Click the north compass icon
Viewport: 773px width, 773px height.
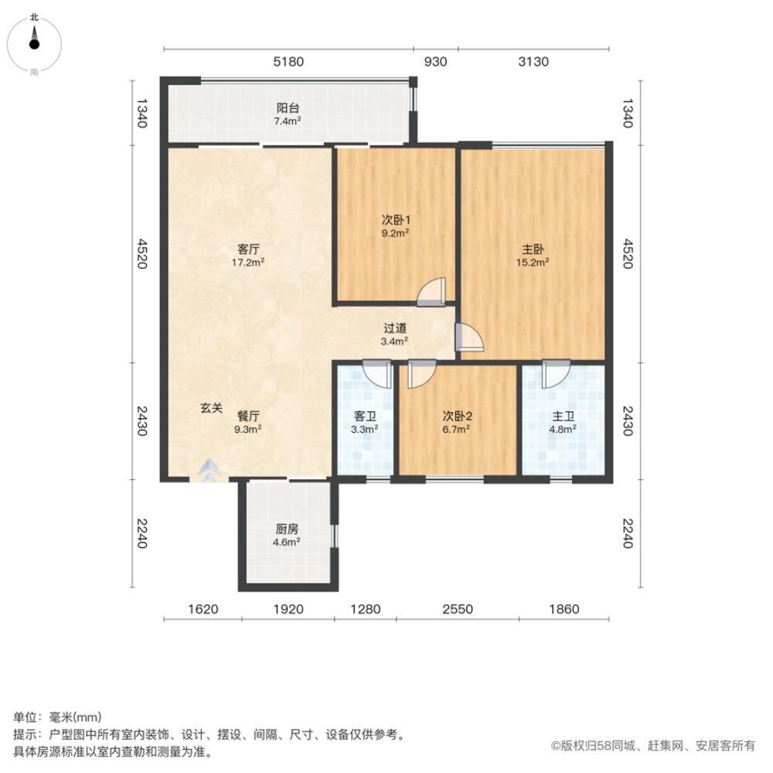click(34, 43)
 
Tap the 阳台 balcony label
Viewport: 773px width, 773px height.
click(288, 109)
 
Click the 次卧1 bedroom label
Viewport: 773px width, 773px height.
click(394, 219)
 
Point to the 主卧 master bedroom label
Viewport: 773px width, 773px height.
click(533, 250)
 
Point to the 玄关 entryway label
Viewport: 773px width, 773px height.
click(213, 407)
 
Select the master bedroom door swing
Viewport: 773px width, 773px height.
click(469, 338)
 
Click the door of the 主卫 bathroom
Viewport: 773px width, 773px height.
click(554, 374)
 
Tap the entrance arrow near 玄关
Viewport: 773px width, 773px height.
click(207, 468)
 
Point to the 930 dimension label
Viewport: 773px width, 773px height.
click(435, 62)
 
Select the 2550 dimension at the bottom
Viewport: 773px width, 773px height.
click(457, 609)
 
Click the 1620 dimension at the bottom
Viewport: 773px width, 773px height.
click(202, 609)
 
